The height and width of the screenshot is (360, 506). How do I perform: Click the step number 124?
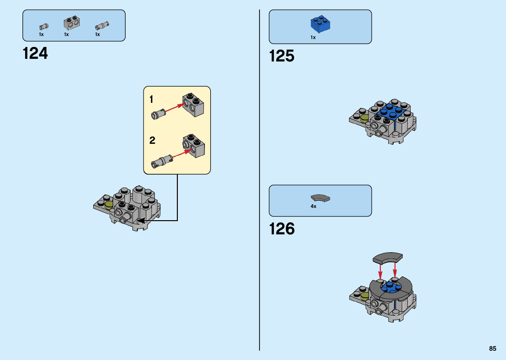click(35, 53)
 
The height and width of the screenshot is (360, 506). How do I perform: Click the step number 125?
click(282, 56)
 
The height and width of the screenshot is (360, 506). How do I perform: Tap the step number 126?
click(282, 229)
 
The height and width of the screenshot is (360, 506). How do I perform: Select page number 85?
click(492, 348)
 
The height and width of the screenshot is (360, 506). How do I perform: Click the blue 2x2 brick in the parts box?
click(320, 24)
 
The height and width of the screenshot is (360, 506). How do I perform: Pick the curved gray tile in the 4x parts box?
click(320, 198)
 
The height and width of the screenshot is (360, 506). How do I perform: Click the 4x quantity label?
click(313, 206)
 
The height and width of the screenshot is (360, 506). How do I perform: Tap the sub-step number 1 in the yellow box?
click(151, 99)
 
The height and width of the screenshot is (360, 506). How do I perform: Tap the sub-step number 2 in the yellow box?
click(152, 140)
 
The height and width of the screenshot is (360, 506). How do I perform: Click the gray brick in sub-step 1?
click(193, 105)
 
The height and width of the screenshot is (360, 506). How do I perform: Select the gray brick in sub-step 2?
click(194, 146)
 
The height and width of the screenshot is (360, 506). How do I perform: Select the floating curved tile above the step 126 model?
click(388, 258)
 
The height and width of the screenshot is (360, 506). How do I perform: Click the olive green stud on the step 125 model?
click(364, 118)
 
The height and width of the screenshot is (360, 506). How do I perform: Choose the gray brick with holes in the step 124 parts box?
click(71, 23)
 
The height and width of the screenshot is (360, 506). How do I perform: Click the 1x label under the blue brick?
click(313, 37)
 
